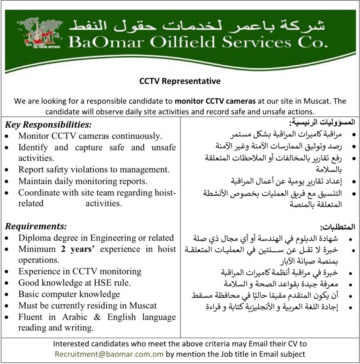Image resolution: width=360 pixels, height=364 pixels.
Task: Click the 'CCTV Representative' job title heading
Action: (180, 81)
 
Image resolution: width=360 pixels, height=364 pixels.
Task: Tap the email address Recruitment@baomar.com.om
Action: (109, 354)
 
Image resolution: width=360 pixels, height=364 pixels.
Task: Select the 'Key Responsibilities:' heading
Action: (48, 125)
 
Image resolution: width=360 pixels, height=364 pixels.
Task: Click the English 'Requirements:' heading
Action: (36, 226)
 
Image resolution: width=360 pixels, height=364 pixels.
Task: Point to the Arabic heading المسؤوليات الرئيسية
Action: (322, 123)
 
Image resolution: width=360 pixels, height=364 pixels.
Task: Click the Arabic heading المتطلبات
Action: (338, 227)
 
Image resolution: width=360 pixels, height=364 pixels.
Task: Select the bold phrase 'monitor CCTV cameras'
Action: (215, 101)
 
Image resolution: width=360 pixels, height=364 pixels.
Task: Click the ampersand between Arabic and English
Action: (97, 317)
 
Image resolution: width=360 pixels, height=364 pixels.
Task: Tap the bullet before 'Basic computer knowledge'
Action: (7, 295)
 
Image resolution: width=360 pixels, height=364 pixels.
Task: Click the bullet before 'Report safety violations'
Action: (7, 170)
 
